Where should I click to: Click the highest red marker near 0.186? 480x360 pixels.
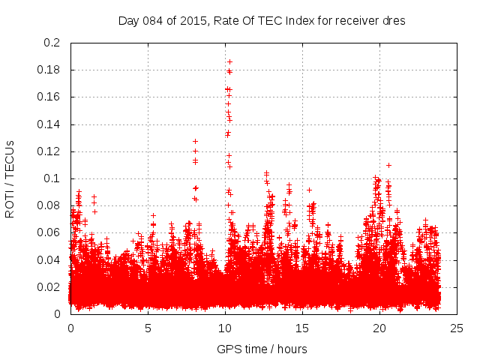coord(229,61)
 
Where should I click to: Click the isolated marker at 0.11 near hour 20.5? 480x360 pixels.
coord(388,165)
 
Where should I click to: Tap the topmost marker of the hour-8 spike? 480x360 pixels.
coord(195,141)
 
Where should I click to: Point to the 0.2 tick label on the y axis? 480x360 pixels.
coord(51,43)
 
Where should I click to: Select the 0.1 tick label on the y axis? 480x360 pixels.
coord(51,178)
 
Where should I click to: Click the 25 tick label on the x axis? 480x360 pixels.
coord(457,328)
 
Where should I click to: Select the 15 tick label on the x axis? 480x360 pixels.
coord(302,328)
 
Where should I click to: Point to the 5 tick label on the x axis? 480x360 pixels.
coord(148,328)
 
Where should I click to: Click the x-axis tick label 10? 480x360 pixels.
coord(225,328)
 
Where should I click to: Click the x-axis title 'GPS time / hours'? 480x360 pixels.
coord(262,349)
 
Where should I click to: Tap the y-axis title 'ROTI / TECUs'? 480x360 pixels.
coord(10,178)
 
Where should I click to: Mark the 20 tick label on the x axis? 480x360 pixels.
coord(379,328)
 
